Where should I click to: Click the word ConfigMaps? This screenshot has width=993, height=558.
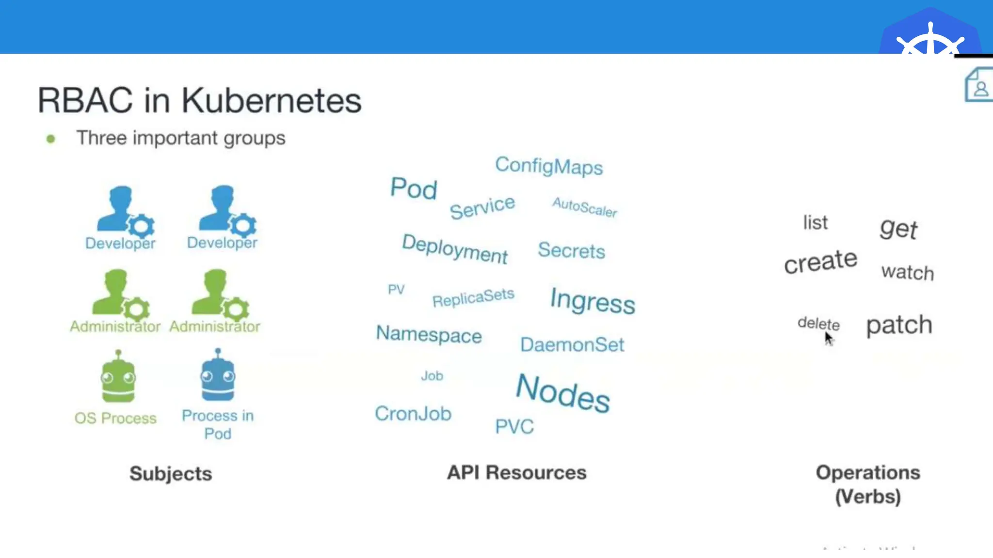pos(548,166)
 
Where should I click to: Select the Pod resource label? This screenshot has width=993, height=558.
pos(414,188)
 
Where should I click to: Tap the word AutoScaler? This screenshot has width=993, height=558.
pos(585,207)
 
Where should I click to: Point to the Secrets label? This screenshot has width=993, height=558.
pos(571,250)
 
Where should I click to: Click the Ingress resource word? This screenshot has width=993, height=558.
pos(592,301)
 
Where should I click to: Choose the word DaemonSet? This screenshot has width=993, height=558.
pos(572,345)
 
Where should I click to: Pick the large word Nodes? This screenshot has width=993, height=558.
pos(562,393)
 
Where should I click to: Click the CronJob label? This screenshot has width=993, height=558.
pos(413,414)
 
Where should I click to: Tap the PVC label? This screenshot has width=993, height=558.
pos(514,427)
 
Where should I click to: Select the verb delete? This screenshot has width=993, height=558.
pos(818,323)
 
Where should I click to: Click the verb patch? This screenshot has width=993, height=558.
pos(899,325)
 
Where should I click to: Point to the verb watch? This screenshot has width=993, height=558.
pos(907,272)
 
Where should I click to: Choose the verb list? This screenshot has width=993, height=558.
pos(816,223)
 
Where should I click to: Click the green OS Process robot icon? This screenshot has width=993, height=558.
pos(118,377)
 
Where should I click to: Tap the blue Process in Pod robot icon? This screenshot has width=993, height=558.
pos(218,375)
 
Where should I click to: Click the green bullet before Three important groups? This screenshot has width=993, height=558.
pos(50,139)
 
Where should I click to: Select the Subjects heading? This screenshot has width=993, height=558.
pos(171,474)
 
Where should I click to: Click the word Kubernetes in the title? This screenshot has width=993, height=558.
pos(271,101)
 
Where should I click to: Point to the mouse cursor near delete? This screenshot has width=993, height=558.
pos(829,338)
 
